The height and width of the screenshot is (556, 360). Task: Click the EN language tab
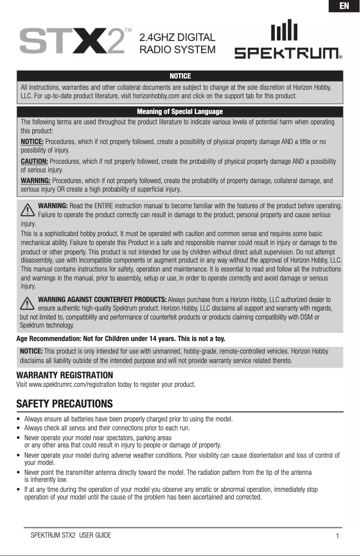click(x=344, y=6)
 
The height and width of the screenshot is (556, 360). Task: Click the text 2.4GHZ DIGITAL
click(x=178, y=37)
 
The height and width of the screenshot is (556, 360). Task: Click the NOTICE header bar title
click(x=180, y=76)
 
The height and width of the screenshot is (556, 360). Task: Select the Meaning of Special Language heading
click(x=180, y=111)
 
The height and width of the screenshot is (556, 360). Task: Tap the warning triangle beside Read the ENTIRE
click(x=28, y=210)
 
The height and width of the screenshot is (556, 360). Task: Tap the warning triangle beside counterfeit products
click(x=28, y=303)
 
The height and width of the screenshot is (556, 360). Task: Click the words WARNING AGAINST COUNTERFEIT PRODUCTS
click(x=103, y=300)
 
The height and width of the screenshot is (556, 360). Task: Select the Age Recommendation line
click(x=121, y=337)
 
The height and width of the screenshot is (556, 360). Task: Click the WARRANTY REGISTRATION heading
click(x=65, y=375)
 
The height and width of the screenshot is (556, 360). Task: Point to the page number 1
click(x=337, y=536)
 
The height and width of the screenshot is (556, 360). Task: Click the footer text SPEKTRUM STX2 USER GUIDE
click(x=71, y=535)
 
